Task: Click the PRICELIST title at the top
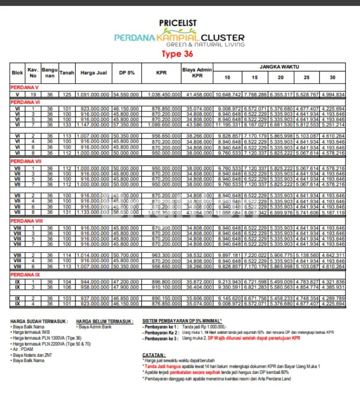pyautogui.click(x=178, y=23)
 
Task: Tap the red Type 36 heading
pyautogui.click(x=177, y=54)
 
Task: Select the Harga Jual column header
pyautogui.click(x=94, y=73)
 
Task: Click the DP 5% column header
pyautogui.click(x=127, y=73)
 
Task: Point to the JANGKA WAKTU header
pyautogui.click(x=279, y=67)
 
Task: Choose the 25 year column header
pyautogui.click(x=307, y=77)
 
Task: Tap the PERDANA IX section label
pyautogui.click(x=25, y=275)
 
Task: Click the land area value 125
pyautogui.click(x=67, y=94)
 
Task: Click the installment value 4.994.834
pyautogui.click(x=333, y=94)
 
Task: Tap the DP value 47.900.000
pyautogui.click(x=126, y=287)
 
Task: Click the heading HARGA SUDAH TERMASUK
pyautogui.click(x=39, y=321)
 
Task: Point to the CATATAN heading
pyautogui.click(x=154, y=355)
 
